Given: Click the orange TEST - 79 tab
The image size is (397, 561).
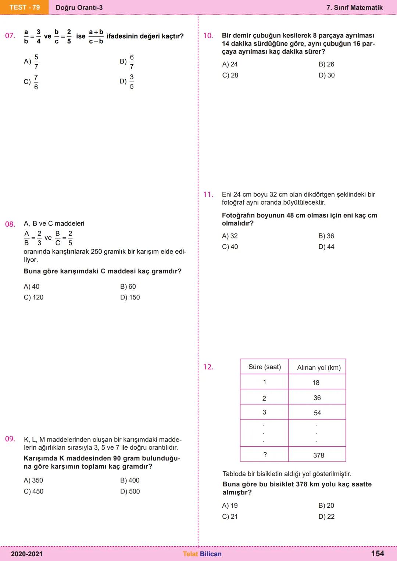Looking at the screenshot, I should (24, 7).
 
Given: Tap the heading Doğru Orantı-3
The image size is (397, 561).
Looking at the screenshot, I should (79, 8).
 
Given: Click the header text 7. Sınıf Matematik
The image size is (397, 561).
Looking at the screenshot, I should (354, 8).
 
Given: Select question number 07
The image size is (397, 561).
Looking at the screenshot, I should (10, 36).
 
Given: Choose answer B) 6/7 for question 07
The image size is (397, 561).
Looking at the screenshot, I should (127, 62).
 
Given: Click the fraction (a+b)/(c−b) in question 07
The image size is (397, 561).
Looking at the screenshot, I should (96, 37).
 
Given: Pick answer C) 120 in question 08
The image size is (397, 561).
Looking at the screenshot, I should (33, 297).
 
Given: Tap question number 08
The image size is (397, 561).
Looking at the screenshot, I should (10, 224).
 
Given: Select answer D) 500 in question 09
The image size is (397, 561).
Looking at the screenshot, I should (130, 491).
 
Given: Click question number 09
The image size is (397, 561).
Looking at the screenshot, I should (10, 439).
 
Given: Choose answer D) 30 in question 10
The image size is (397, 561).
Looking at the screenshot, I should (326, 75).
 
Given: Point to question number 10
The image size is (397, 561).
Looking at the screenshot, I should (208, 36).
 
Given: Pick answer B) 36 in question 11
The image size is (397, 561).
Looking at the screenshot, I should (326, 236).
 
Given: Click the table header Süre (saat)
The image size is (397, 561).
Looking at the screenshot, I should (264, 367).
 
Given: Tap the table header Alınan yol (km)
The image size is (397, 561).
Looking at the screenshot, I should (319, 367).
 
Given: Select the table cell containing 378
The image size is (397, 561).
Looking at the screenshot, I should (318, 455).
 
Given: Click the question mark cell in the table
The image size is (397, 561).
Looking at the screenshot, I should (265, 455).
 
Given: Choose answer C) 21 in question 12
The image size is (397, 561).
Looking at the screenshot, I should (230, 517).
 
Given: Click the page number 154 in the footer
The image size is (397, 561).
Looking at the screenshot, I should (378, 554).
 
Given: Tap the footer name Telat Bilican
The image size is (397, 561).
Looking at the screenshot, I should (202, 554).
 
